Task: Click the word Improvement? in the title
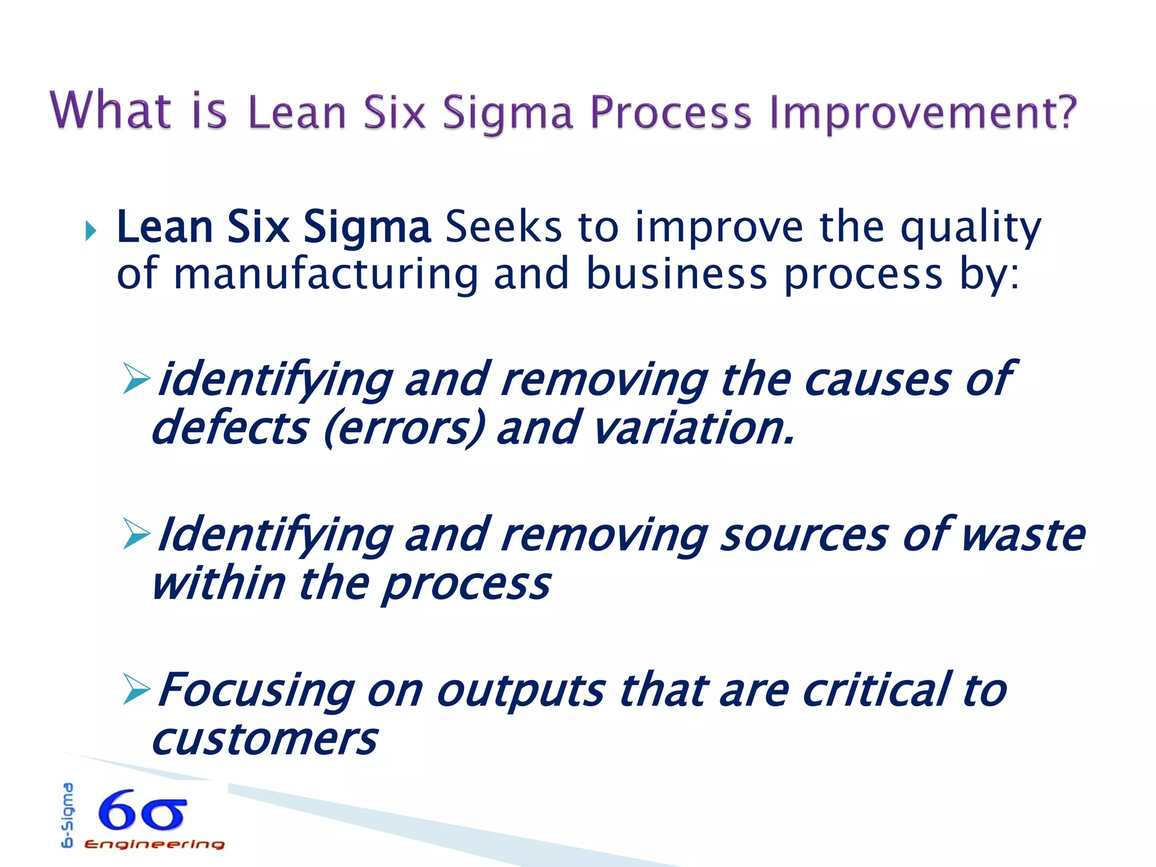point(923,113)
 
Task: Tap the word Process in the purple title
point(671,113)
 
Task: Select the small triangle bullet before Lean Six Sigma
point(90,230)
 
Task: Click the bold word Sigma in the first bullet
point(367,227)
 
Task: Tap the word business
point(677,274)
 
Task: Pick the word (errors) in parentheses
point(404,428)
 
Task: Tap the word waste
point(1022,535)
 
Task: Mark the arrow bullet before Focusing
point(136,690)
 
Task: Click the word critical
point(876,690)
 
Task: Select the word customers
point(264,739)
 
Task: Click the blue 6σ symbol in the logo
point(142,811)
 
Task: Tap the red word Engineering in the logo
point(154,844)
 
